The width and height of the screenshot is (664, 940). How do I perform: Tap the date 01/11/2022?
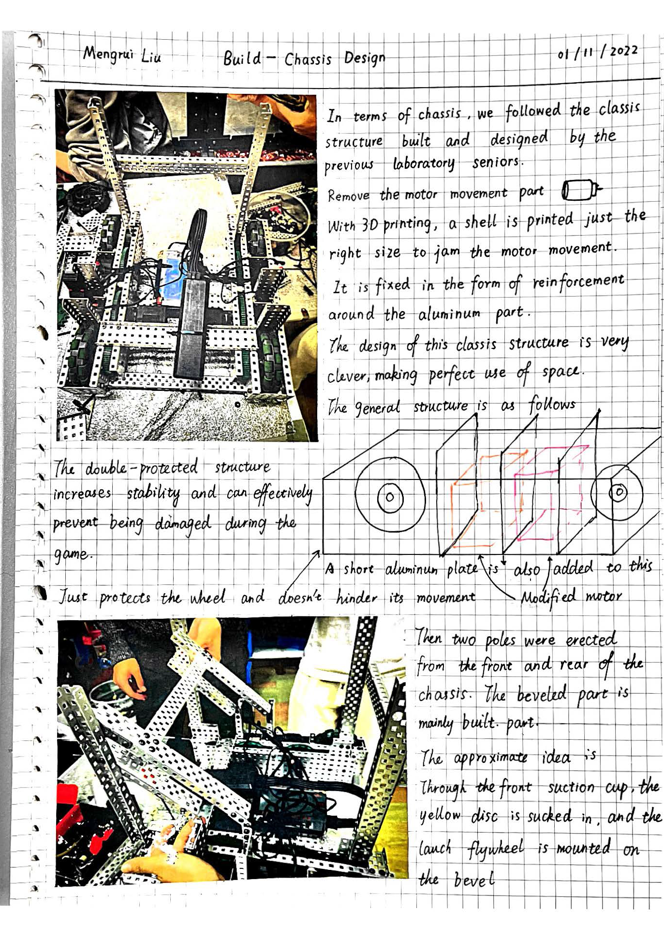point(598,52)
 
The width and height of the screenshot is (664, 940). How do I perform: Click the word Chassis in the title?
point(308,59)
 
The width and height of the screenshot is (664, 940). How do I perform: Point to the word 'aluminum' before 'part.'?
point(449,314)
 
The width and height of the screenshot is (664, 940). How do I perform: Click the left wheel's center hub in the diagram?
point(390,497)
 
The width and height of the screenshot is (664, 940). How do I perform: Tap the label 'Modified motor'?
point(571,597)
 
